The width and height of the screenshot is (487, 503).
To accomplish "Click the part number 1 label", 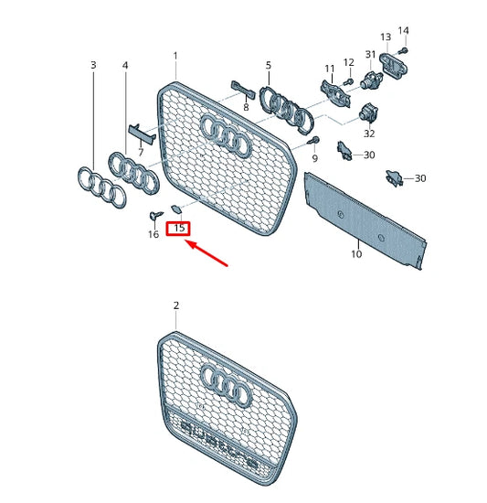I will pos(176,56).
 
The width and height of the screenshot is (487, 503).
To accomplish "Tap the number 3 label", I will pos(93,65).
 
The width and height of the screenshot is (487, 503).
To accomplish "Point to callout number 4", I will pos(125,65).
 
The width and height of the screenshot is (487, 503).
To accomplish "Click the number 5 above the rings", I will pos(269,65).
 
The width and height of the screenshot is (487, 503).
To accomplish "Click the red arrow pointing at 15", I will pos(207,255).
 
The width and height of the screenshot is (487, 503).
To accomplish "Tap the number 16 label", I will pos(153,234).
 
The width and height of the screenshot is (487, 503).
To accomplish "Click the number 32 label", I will pos(369,134).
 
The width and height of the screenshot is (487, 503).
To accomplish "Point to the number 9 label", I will pos(314,158).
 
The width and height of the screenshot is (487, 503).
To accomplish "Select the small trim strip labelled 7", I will pos(141,134).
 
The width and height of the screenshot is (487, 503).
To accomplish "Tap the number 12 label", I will pos(348,62).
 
